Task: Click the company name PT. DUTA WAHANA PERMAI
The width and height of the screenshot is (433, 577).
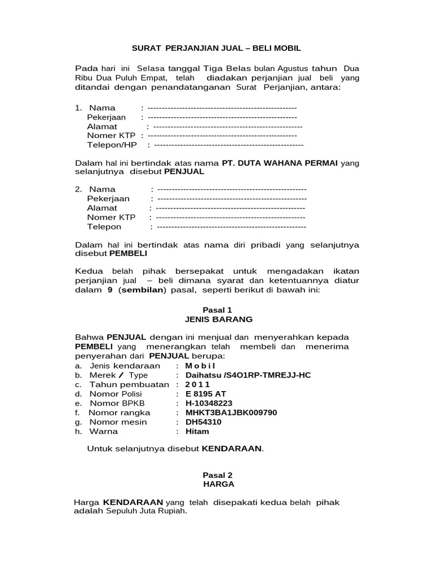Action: [280, 163]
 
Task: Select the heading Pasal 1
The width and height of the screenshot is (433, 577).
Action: [217, 310]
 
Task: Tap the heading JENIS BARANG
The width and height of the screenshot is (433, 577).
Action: [217, 319]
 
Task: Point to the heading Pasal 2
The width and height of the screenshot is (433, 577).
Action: [217, 475]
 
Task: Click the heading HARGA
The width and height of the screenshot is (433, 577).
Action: [217, 484]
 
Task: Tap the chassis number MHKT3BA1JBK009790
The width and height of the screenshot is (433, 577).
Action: [227, 412]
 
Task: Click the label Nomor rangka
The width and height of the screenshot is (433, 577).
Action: [120, 412]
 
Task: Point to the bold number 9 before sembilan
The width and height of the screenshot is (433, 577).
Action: [111, 290]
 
